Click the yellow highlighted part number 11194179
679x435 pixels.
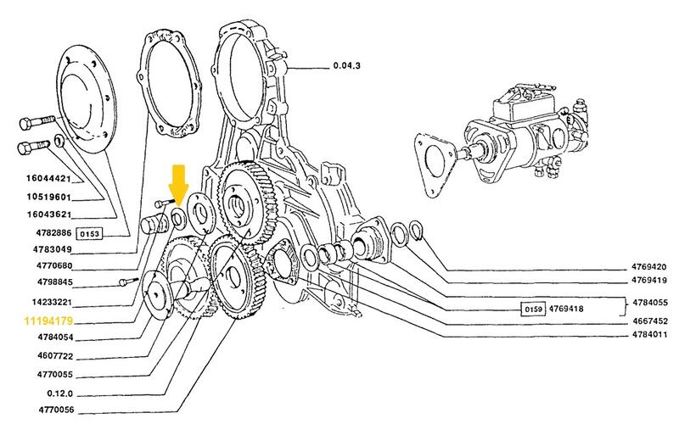point(48,321)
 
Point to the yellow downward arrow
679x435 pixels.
point(178,185)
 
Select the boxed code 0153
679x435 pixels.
point(90,234)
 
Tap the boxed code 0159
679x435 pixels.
point(533,309)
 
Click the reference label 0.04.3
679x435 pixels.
point(346,66)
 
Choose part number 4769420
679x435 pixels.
point(648,267)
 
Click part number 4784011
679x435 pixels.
point(649,335)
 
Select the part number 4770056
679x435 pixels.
point(56,410)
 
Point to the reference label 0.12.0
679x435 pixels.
point(59,393)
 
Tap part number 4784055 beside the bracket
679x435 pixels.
point(650,302)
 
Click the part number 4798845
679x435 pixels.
point(54,282)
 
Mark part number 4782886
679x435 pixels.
point(53,233)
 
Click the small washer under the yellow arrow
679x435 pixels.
point(178,217)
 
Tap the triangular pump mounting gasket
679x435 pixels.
point(435,164)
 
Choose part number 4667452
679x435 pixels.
point(649,321)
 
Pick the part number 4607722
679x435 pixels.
point(55,356)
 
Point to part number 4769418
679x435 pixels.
point(566,309)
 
